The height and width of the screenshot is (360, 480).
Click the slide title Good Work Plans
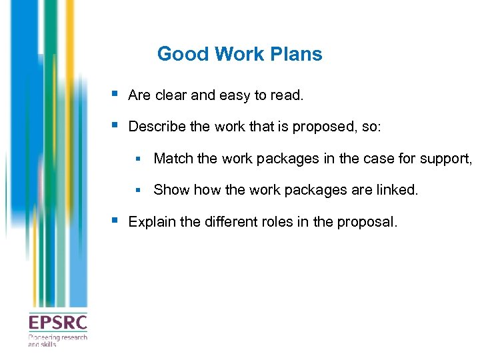[x=239, y=54]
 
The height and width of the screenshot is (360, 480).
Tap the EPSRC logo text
[x=57, y=323]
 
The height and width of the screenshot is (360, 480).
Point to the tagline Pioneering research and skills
[x=57, y=340]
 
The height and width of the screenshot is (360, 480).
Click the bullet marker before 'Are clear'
[x=116, y=94]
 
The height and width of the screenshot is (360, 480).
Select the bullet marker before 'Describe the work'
[x=116, y=125]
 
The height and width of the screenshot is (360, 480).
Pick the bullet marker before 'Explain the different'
[x=116, y=220]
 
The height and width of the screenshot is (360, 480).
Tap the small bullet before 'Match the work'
[x=139, y=159]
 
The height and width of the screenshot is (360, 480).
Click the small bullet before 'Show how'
[x=139, y=190]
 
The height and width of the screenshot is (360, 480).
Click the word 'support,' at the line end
[x=447, y=159]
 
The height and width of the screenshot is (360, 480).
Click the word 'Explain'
[x=151, y=221]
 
